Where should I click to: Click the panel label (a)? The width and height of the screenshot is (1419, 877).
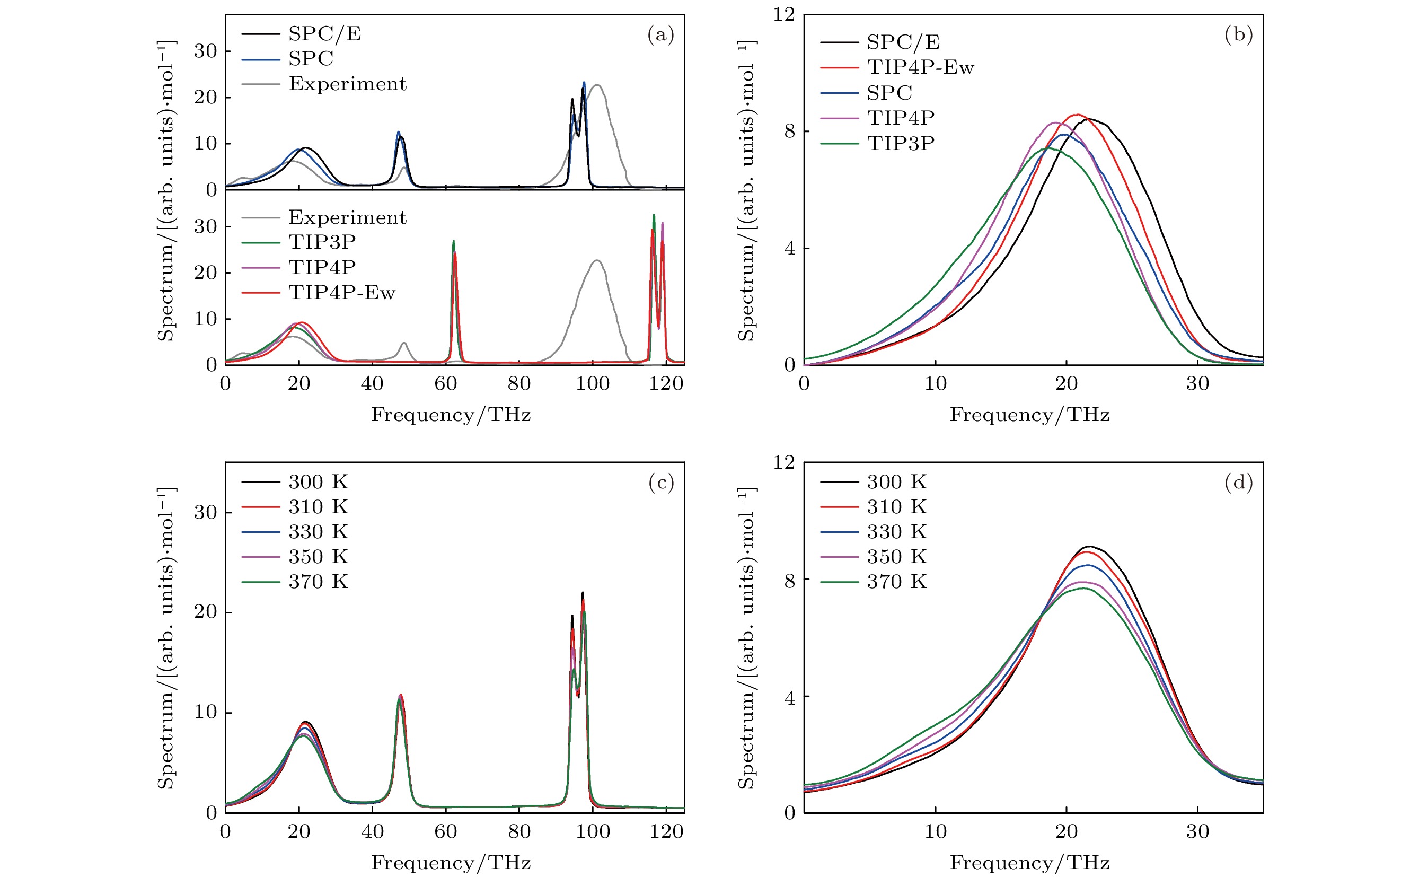click(660, 35)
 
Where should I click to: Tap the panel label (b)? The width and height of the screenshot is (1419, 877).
click(1239, 35)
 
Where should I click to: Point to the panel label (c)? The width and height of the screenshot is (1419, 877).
click(661, 483)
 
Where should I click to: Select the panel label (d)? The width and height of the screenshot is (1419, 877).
click(1239, 483)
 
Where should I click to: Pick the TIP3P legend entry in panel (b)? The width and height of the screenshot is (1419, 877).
click(901, 143)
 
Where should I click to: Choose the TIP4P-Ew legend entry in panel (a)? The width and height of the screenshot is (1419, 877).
click(341, 292)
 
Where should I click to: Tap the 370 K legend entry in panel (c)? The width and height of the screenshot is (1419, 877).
click(319, 581)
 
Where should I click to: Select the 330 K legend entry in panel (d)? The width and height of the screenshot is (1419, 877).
click(896, 531)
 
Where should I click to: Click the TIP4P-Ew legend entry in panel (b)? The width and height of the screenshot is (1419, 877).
click(920, 67)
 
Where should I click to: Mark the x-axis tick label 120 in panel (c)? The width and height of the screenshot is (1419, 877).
click(666, 832)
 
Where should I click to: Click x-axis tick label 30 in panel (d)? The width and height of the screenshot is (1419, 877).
click(1197, 832)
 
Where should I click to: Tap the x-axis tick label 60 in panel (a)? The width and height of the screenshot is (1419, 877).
click(445, 383)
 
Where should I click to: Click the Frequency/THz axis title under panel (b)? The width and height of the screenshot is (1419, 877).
click(1029, 415)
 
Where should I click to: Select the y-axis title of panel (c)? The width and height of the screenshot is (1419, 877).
click(166, 638)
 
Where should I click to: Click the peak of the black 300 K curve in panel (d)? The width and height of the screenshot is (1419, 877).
click(1090, 546)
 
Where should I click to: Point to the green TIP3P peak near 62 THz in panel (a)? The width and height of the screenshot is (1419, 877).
click(454, 241)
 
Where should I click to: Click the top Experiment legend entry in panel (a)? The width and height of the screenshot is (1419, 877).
click(347, 84)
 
